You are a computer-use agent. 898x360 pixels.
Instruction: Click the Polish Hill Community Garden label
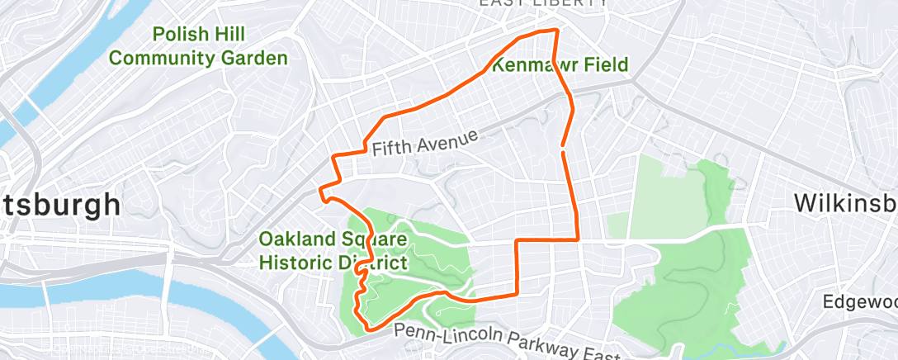pyautogui.click(x=198, y=46)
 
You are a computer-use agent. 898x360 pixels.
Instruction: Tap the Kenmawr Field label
pyautogui.click(x=560, y=64)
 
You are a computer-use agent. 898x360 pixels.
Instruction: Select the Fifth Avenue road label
pyautogui.click(x=425, y=142)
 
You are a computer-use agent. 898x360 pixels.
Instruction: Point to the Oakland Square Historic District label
pyautogui.click(x=333, y=251)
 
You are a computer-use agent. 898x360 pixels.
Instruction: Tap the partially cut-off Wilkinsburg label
pyautogui.click(x=845, y=203)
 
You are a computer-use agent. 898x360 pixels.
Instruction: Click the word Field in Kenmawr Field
pyautogui.click(x=603, y=64)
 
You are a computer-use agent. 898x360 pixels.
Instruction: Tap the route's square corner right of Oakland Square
pyautogui.click(x=518, y=241)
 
